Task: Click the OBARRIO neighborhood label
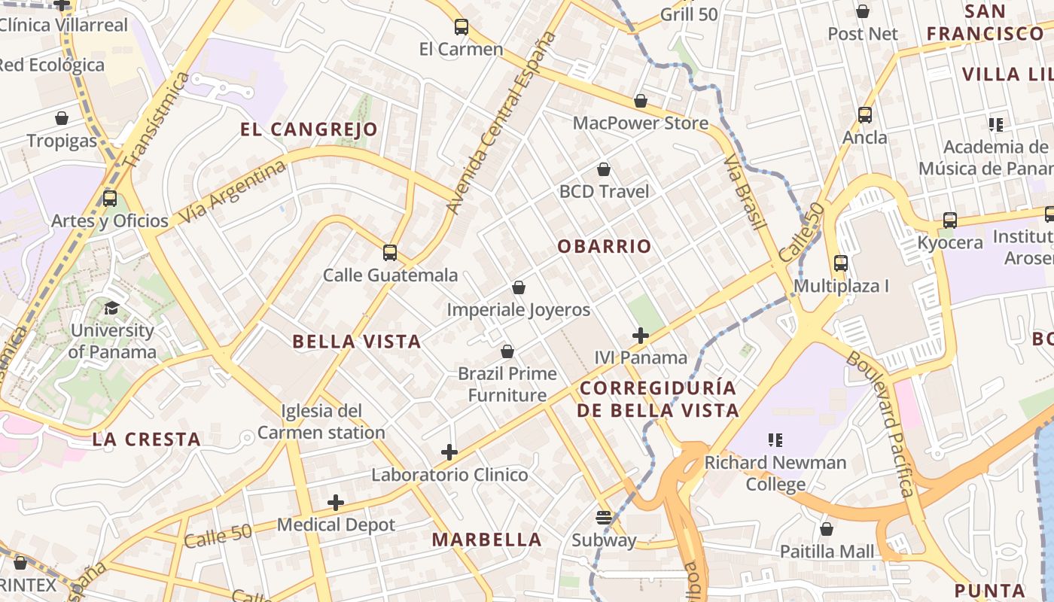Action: tap(605, 246)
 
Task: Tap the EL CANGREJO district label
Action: tap(309, 129)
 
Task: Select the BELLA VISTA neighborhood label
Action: tap(356, 342)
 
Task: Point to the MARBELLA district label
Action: tap(486, 540)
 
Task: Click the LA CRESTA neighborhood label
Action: tap(146, 439)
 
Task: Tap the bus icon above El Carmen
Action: tap(462, 27)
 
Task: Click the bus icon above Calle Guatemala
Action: tap(390, 253)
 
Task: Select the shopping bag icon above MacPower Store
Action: tap(641, 101)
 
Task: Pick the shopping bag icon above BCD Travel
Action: tap(603, 170)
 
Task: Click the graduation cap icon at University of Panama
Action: tap(111, 308)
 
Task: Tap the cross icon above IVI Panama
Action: tap(641, 336)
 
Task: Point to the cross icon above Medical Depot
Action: tap(336, 503)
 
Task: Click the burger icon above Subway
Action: tap(603, 518)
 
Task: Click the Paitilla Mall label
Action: tap(827, 552)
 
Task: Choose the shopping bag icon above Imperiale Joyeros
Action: tap(519, 287)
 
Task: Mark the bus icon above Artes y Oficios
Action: tap(110, 199)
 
